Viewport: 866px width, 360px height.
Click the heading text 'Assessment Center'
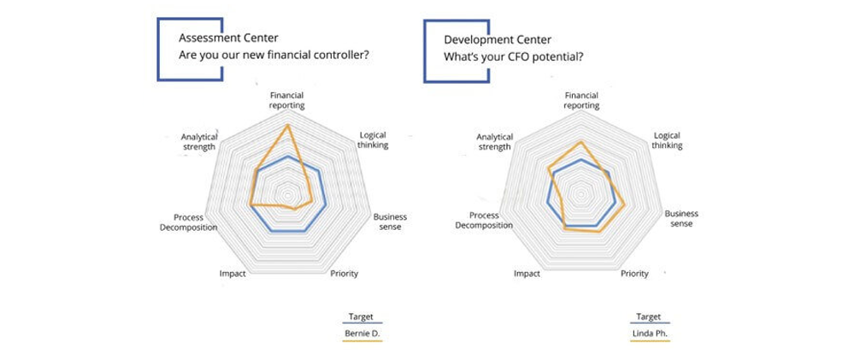pos(228,38)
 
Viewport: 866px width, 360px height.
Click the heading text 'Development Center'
pos(498,39)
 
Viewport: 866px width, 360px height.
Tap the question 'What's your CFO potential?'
pos(513,57)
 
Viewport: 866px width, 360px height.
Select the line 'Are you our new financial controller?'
pos(274,56)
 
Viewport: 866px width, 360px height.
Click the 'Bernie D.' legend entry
pos(362,333)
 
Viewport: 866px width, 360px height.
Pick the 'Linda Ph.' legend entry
pos(650,333)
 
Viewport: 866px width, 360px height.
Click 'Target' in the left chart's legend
pos(361,317)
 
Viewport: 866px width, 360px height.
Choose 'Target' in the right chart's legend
pos(648,317)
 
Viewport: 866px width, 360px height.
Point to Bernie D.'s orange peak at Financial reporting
pos(287,126)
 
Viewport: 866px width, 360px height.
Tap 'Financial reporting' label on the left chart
pos(287,100)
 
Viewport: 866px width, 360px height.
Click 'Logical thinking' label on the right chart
pos(667,140)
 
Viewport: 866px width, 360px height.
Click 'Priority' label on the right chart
pos(634,274)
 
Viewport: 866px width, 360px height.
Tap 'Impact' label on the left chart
pos(232,274)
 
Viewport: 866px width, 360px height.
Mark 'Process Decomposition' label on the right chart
pos(484,221)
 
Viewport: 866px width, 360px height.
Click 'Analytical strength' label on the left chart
pos(199,141)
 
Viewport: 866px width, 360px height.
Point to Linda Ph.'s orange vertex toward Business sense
pos(625,205)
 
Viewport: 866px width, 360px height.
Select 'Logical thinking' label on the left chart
pos(373,140)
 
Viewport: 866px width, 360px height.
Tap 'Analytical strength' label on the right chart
pos(495,142)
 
